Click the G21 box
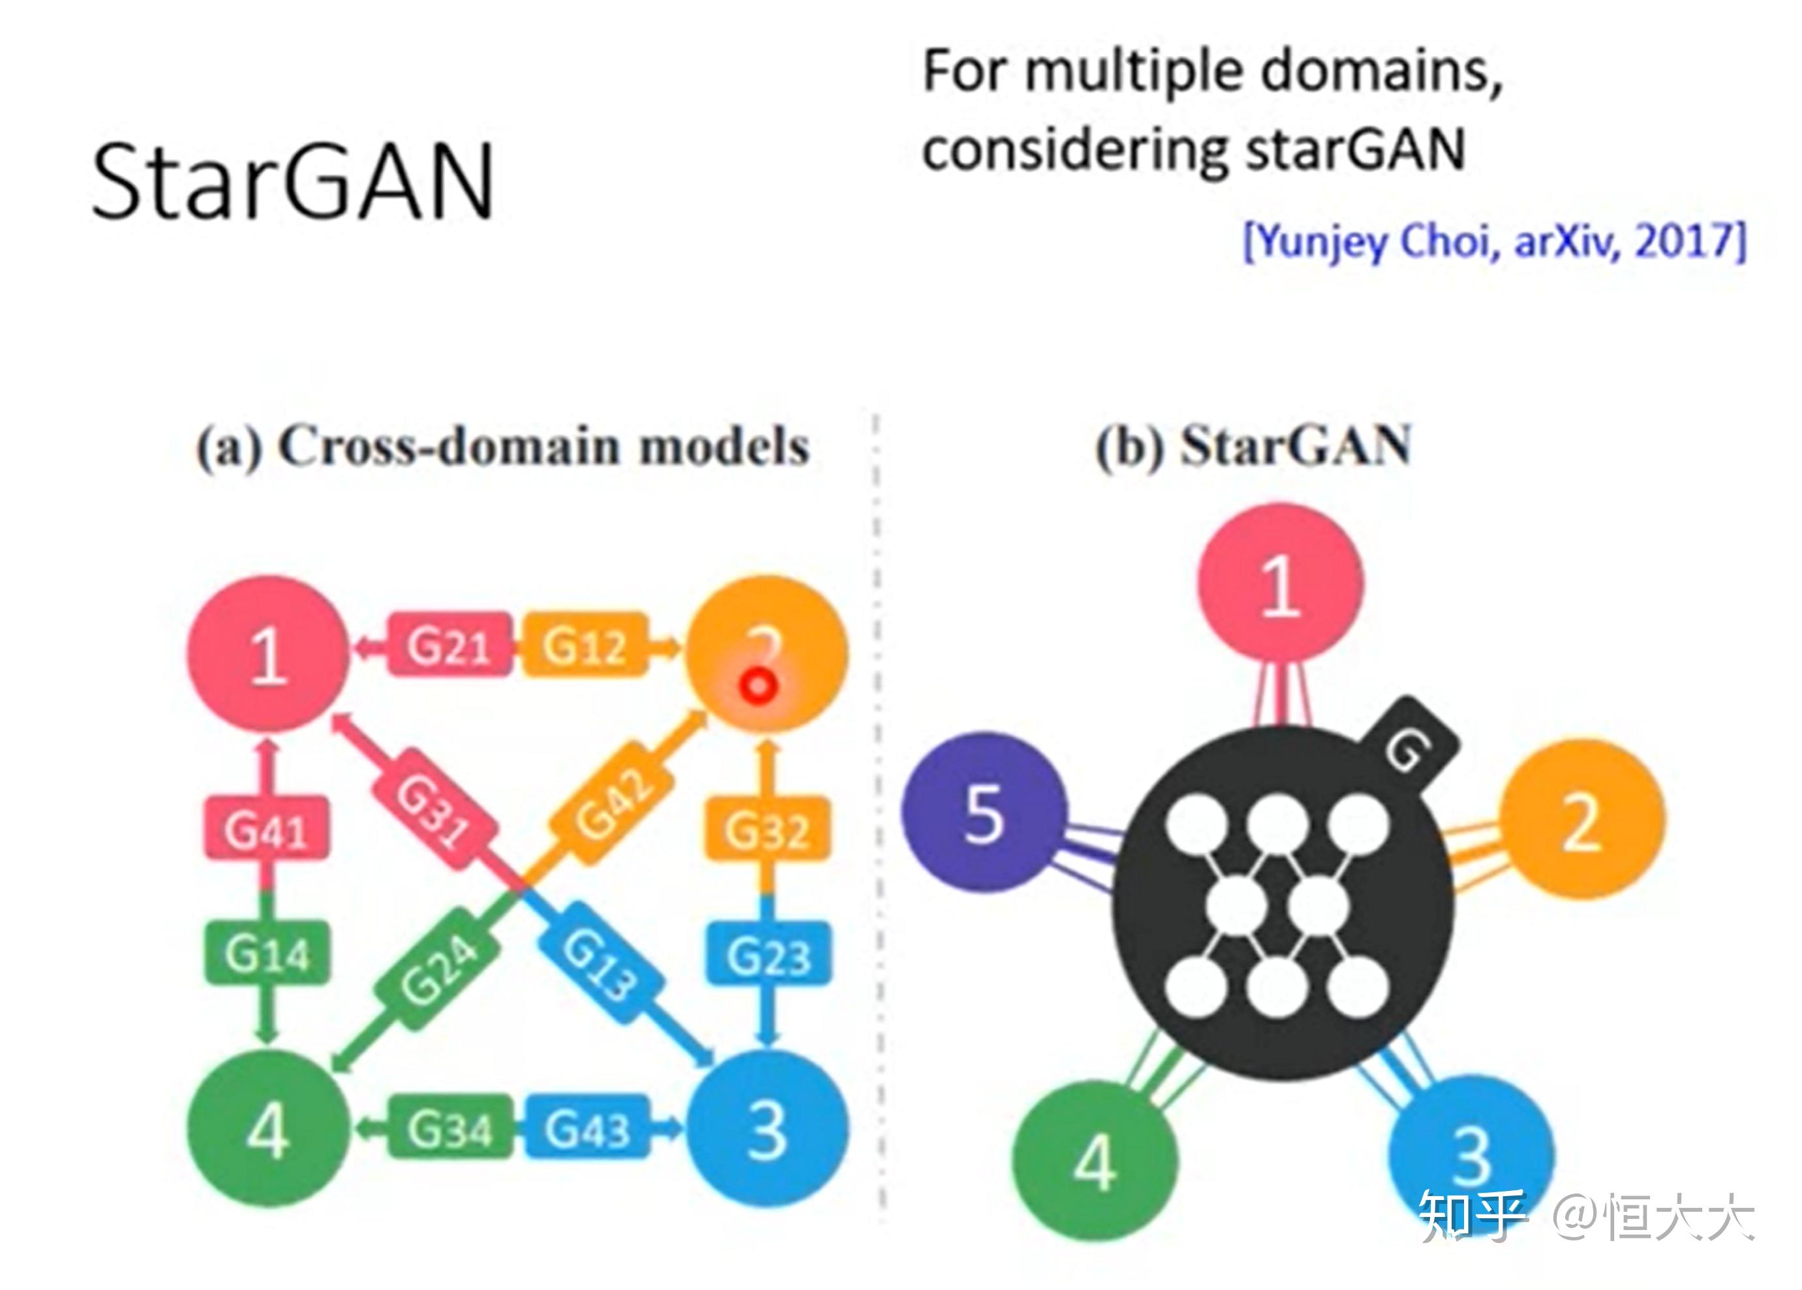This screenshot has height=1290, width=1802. pos(449,644)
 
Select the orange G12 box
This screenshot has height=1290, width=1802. pos(584,644)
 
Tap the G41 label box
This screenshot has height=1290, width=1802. pos(266,830)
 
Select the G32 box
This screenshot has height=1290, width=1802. pos(767,830)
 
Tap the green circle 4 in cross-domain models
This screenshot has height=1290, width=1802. pos(267,1129)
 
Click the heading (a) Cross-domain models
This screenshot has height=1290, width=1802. pos(502,447)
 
